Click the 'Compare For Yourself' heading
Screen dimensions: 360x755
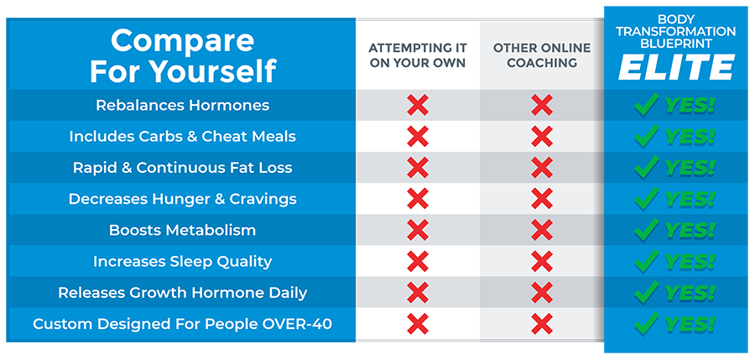point(182,55)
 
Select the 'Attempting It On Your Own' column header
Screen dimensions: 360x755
point(417,55)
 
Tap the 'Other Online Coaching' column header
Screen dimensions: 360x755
point(541,55)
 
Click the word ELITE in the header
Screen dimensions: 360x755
point(676,67)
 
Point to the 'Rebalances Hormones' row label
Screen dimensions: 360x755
point(182,105)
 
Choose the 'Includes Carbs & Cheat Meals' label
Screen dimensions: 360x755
point(182,136)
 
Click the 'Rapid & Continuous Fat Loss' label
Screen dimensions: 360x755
point(182,167)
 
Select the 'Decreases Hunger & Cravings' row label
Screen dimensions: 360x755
point(182,199)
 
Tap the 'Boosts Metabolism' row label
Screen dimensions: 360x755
point(182,230)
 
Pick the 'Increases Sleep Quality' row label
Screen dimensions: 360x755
point(182,261)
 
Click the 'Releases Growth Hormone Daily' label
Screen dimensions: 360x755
point(182,293)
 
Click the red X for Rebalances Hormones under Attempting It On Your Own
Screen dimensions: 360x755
point(417,105)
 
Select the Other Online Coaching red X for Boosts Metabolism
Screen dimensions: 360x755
point(542,230)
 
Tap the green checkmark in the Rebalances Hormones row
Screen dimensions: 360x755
point(646,105)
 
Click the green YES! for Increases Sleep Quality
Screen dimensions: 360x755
point(690,261)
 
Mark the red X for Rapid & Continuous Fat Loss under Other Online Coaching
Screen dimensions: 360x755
point(542,167)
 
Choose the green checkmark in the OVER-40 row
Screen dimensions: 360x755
point(646,324)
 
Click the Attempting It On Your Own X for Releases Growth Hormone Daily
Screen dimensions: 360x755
point(417,293)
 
